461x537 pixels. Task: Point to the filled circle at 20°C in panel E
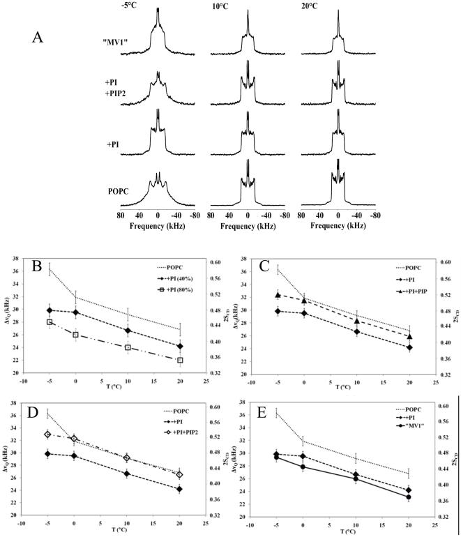pos(409,517)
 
